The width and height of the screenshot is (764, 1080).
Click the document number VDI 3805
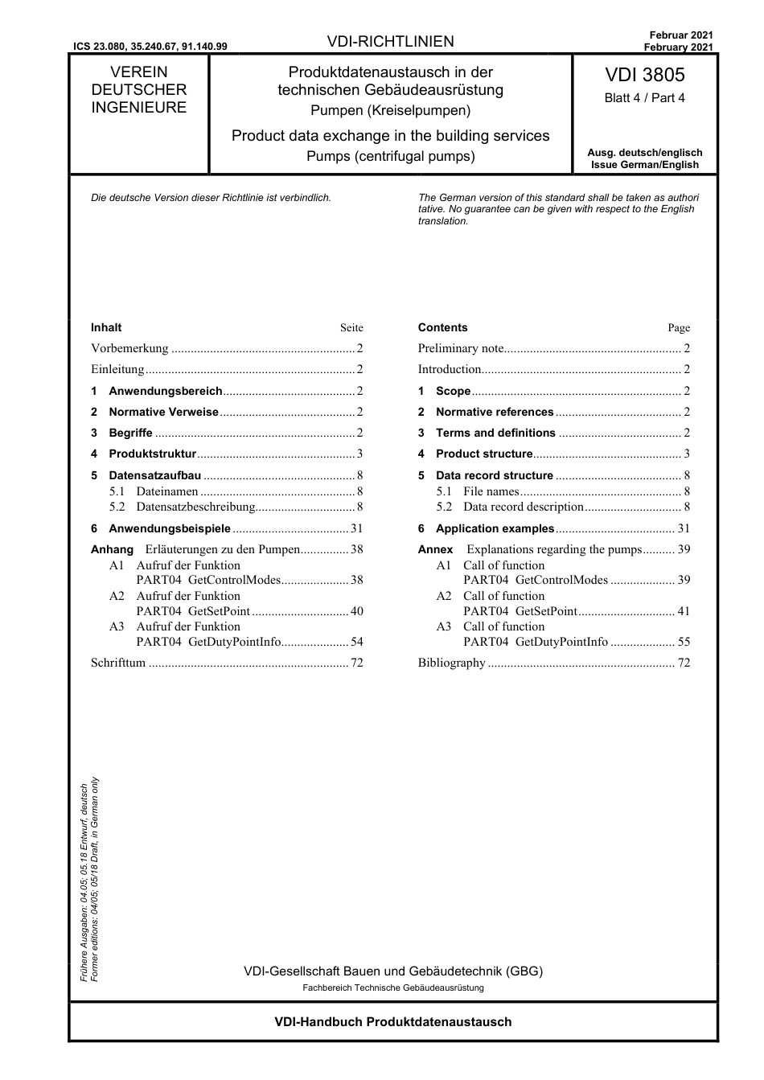tap(644, 75)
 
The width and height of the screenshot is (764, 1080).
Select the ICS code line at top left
tap(150, 47)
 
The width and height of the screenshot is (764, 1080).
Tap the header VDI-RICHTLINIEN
tap(391, 42)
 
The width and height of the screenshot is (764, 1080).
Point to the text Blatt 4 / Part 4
tap(644, 98)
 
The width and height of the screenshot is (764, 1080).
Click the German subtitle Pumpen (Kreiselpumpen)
tap(391, 110)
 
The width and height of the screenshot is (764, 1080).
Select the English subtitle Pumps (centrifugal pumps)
tap(391, 156)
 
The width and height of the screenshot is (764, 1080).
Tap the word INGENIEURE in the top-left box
tap(138, 108)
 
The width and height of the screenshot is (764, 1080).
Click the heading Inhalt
tap(106, 327)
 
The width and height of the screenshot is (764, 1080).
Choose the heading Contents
tap(442, 327)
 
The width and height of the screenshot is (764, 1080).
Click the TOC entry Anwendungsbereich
tap(165, 391)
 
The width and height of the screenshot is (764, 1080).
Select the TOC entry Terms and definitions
tap(495, 433)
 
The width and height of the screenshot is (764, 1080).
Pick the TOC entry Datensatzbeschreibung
tap(195, 507)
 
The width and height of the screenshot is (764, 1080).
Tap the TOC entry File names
tap(491, 491)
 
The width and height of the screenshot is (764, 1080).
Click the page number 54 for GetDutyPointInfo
tap(356, 642)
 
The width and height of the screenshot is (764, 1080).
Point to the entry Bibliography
tap(452, 663)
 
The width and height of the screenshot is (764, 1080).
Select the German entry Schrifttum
tap(118, 663)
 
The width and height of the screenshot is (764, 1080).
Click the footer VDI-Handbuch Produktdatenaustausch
tap(392, 1022)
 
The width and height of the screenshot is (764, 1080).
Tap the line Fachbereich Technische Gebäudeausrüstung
tap(392, 988)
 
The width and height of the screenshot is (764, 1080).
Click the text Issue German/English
tap(644, 165)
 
